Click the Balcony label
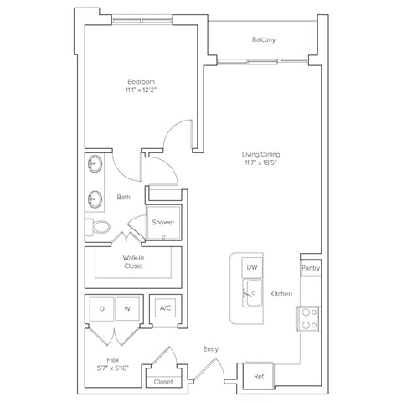264,40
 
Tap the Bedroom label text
141,82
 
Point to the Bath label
123,198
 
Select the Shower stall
162,223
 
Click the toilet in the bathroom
100,226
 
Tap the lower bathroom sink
94,200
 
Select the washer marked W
127,309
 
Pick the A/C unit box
164,309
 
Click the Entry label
209,348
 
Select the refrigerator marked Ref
257,377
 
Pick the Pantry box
310,268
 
